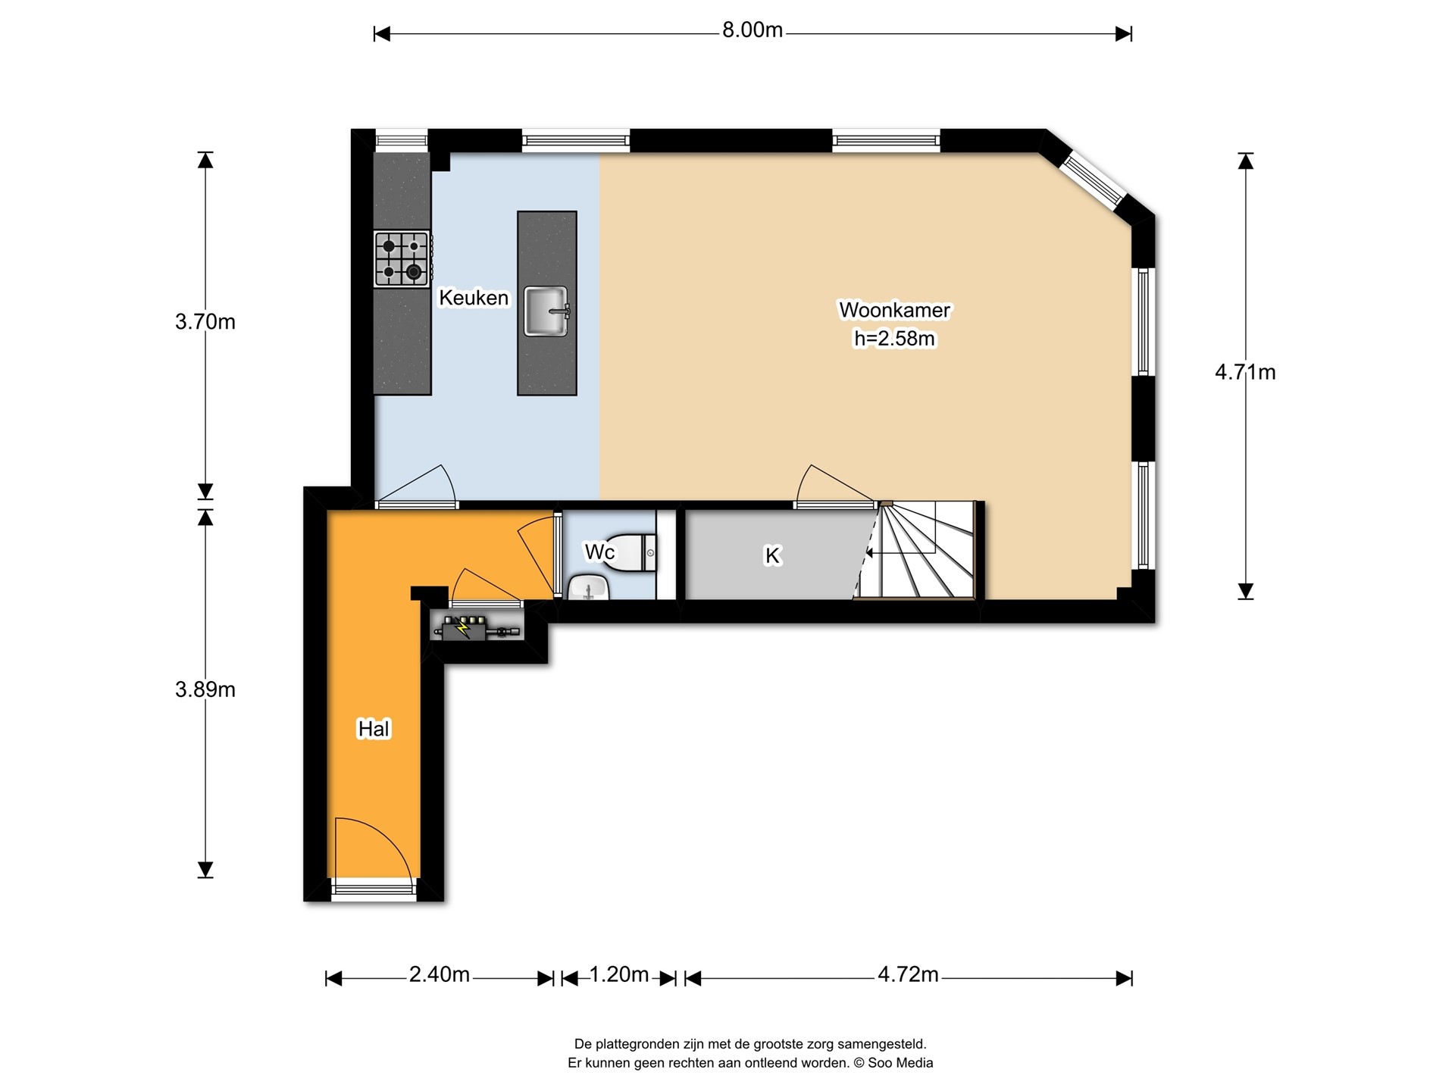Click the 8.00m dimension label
[x=752, y=30]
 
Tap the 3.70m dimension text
[x=205, y=322]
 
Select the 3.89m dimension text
[x=205, y=689]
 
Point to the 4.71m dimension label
[x=1245, y=372]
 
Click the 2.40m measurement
[x=440, y=974]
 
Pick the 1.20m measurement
[x=618, y=974]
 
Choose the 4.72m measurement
[x=908, y=974]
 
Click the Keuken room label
[x=474, y=298]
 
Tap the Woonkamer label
[x=894, y=310]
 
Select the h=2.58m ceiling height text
[x=894, y=339]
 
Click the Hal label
[x=374, y=729]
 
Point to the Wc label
[x=599, y=552]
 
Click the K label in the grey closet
[x=772, y=555]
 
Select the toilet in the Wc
[x=633, y=552]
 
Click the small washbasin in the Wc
[x=589, y=587]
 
